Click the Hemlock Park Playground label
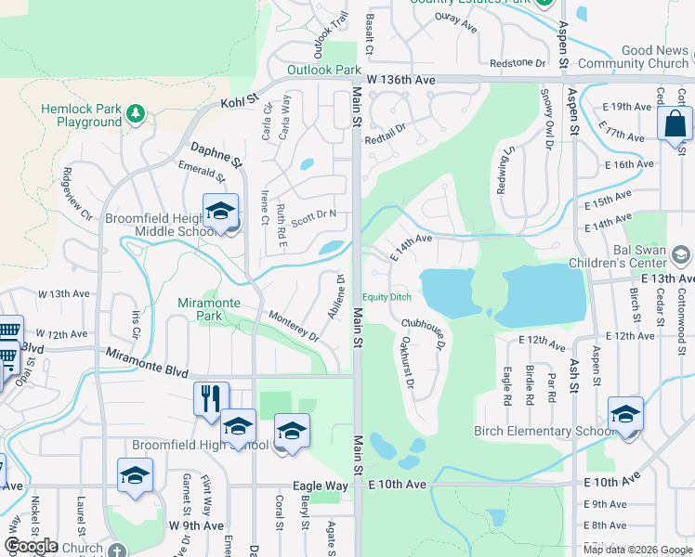click(81, 115)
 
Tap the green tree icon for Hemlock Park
click(136, 113)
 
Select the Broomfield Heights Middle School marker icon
click(221, 213)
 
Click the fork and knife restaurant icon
click(211, 398)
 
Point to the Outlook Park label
click(322, 70)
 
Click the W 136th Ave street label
click(400, 81)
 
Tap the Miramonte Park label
click(209, 310)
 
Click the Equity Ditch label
click(387, 297)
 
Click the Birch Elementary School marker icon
click(625, 414)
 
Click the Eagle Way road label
click(321, 486)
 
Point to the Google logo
click(32, 546)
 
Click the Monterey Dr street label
click(293, 327)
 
